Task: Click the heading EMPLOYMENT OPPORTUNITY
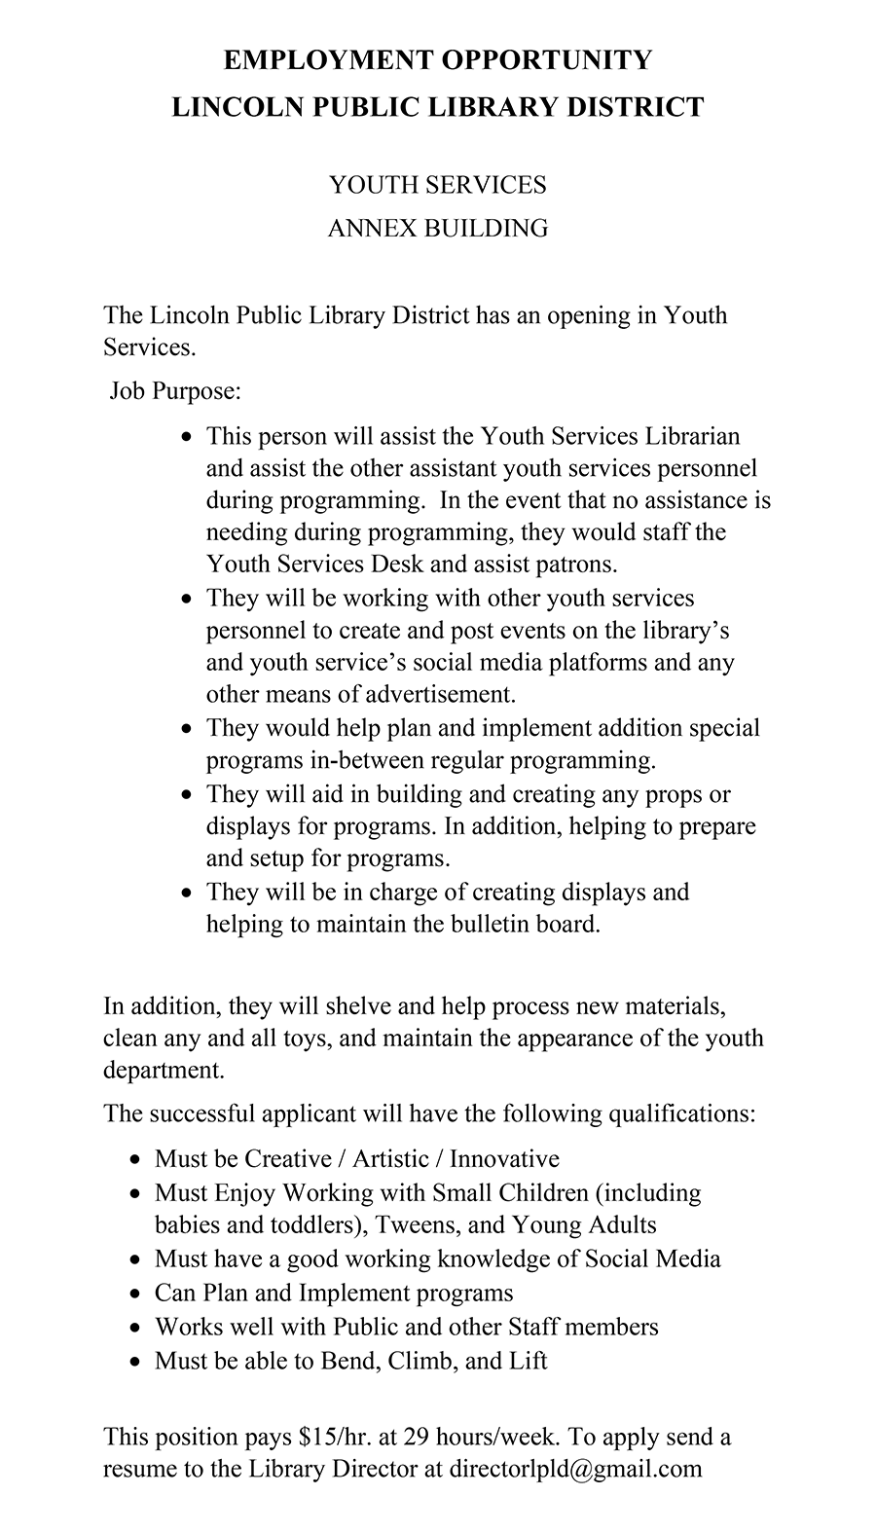pyautogui.click(x=438, y=60)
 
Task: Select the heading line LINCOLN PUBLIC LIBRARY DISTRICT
pyautogui.click(x=438, y=106)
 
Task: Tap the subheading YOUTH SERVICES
pyautogui.click(x=437, y=185)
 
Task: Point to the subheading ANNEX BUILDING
pyautogui.click(x=437, y=228)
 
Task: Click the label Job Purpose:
pyautogui.click(x=174, y=391)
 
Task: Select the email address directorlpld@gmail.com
pyautogui.click(x=575, y=1469)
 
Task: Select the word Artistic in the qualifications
pyautogui.click(x=390, y=1158)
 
